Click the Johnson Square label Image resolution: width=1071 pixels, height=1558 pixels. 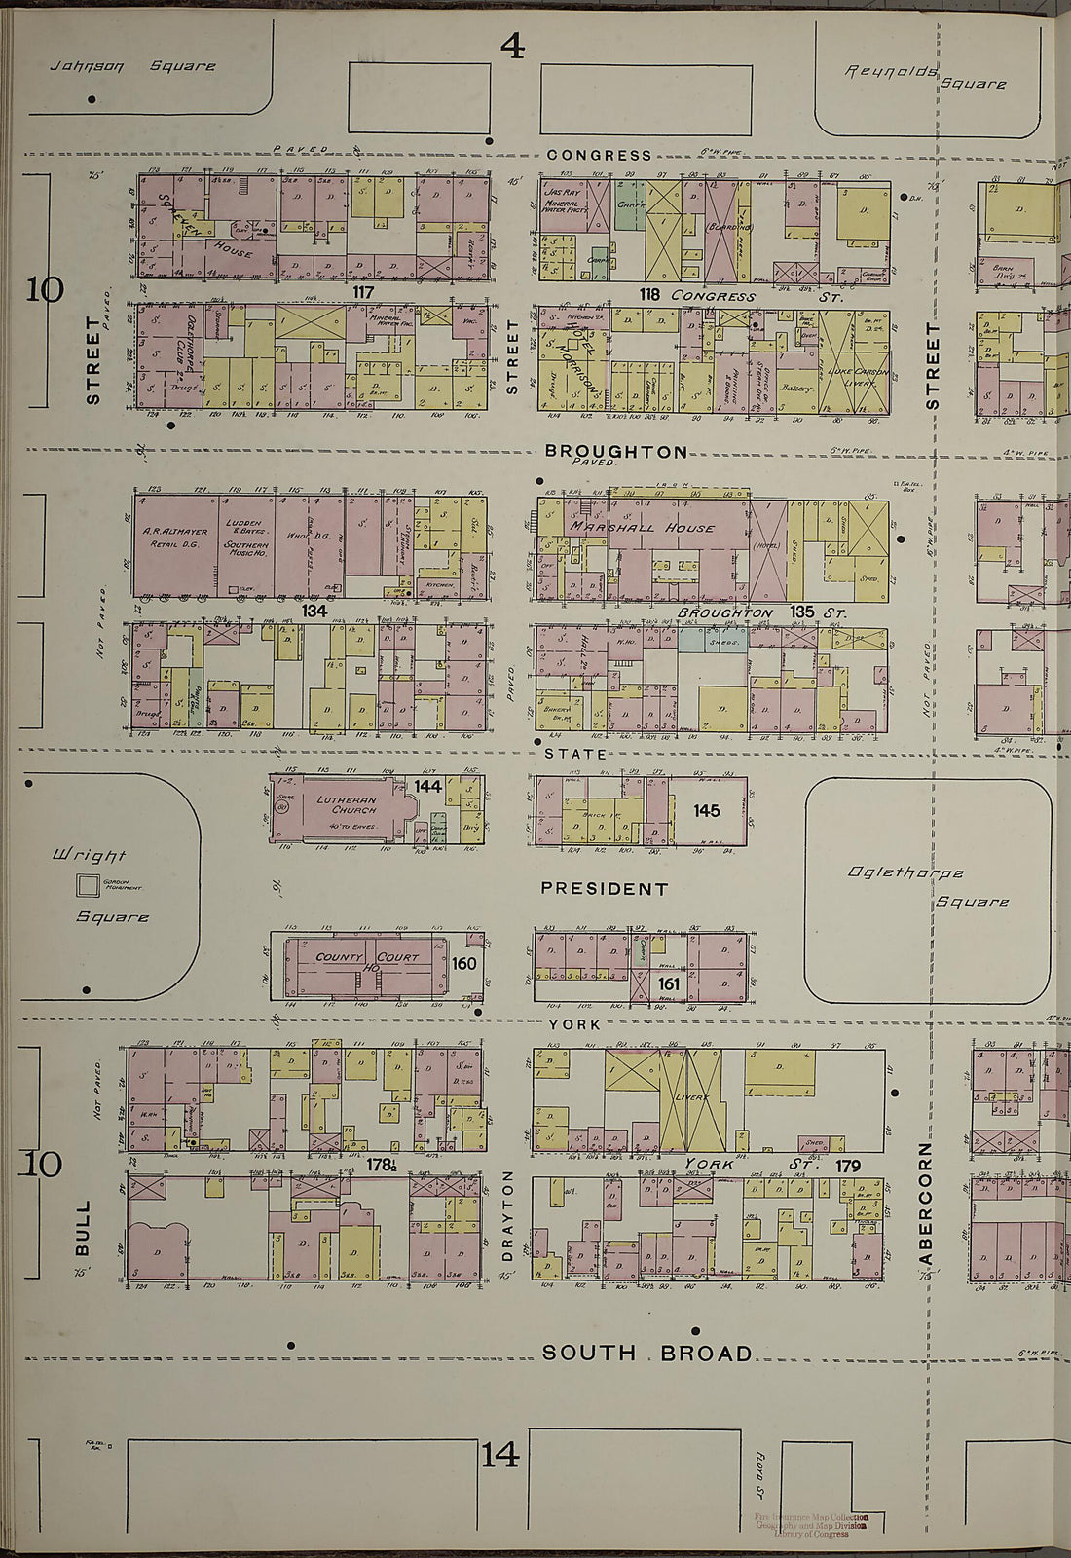point(132,66)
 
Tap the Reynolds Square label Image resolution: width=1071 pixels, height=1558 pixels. point(925,77)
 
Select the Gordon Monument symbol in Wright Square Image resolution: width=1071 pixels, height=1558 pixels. point(88,885)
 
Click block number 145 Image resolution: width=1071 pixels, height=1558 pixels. point(707,810)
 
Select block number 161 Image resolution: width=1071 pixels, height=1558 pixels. point(669,984)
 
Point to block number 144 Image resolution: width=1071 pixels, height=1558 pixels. point(427,786)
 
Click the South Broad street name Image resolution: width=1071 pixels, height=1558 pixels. point(646,1354)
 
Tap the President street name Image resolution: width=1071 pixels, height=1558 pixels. point(604,889)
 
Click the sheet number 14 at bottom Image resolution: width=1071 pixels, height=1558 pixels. point(499,1456)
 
